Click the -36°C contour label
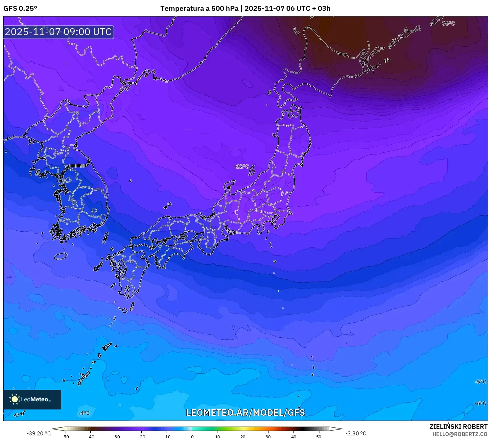tap(447, 24)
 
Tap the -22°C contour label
tap(242, 167)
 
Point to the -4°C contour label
tap(84, 413)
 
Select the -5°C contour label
tap(480, 382)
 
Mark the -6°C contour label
tap(480, 403)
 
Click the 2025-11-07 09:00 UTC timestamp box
tap(58, 32)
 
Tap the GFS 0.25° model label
tap(20, 9)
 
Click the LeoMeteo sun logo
tap(14, 399)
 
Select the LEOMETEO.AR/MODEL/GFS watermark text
tap(245, 412)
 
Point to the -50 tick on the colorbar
tap(65, 437)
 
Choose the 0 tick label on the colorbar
tap(192, 437)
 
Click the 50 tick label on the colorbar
tap(319, 437)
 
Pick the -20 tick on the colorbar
tap(141, 437)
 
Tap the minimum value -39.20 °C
tap(39, 433)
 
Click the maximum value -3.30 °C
tap(356, 433)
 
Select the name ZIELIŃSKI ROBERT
tap(458, 427)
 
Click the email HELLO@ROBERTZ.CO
tap(460, 434)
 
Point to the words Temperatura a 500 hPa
tap(199, 9)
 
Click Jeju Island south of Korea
tap(61, 256)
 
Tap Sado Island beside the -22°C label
tap(252, 170)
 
